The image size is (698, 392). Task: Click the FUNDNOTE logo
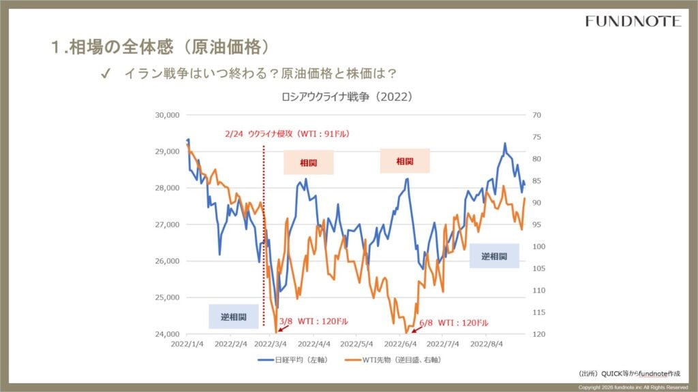click(x=633, y=21)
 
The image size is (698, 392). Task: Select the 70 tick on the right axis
click(x=535, y=115)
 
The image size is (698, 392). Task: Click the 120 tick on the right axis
click(x=536, y=334)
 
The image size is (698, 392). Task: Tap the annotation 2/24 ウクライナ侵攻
click(x=286, y=134)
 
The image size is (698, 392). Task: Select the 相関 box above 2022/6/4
click(x=404, y=161)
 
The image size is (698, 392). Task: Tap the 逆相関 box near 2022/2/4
click(x=234, y=317)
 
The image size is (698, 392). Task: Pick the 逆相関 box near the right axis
click(x=494, y=257)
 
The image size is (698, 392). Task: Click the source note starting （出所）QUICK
click(x=630, y=374)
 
